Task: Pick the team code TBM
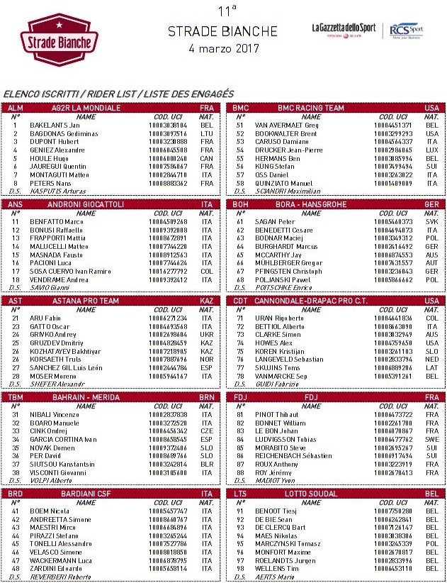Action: click(16, 397)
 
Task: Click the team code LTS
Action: click(240, 493)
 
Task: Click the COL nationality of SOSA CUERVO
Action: click(206, 271)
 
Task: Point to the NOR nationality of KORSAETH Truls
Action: click(206, 359)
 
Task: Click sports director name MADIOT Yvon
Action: click(273, 480)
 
